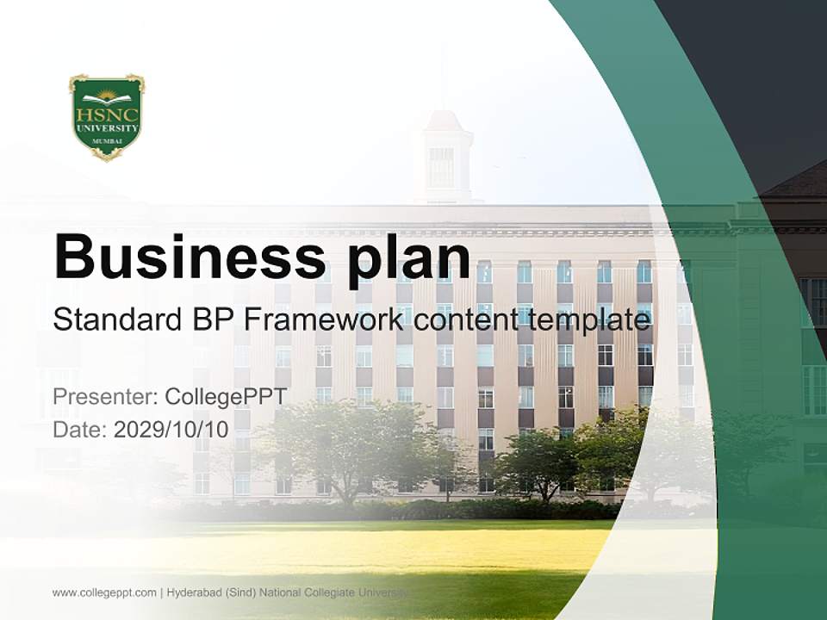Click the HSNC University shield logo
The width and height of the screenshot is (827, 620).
[107, 117]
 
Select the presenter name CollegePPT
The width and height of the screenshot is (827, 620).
[225, 397]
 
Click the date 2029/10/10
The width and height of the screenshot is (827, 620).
[171, 430]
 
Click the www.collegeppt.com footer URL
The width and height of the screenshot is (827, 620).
[104, 592]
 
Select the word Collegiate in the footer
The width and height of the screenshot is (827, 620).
[332, 592]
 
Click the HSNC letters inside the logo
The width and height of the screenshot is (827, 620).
[107, 113]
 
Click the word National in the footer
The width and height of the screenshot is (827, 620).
[283, 592]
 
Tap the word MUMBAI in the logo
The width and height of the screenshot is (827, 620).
[107, 139]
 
